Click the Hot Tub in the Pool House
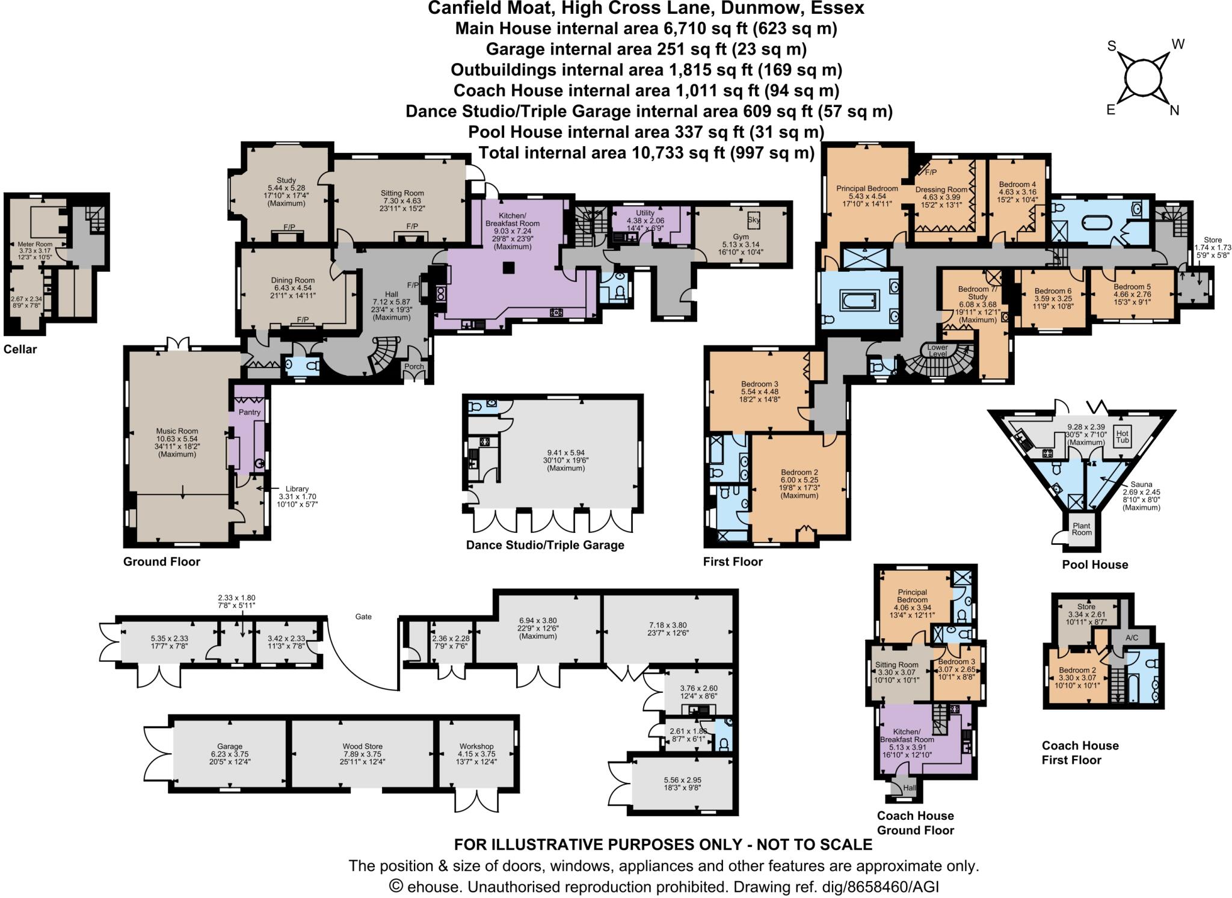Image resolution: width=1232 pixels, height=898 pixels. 1123,436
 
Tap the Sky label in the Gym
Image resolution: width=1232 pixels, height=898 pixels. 754,220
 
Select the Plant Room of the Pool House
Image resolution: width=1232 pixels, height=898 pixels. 1082,529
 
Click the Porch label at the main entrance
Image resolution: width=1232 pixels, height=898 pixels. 414,366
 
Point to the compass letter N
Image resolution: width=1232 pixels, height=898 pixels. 1174,111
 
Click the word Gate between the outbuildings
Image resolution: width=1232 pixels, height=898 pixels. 363,617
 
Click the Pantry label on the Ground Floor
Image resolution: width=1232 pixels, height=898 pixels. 249,412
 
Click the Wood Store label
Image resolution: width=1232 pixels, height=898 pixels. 363,746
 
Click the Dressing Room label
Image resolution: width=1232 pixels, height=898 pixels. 941,189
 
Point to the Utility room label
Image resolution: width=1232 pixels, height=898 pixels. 645,213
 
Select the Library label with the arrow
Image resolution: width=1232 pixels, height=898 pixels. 297,489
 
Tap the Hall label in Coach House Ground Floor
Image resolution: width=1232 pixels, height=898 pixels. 909,788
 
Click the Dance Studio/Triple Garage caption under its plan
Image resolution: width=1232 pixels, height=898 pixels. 545,545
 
